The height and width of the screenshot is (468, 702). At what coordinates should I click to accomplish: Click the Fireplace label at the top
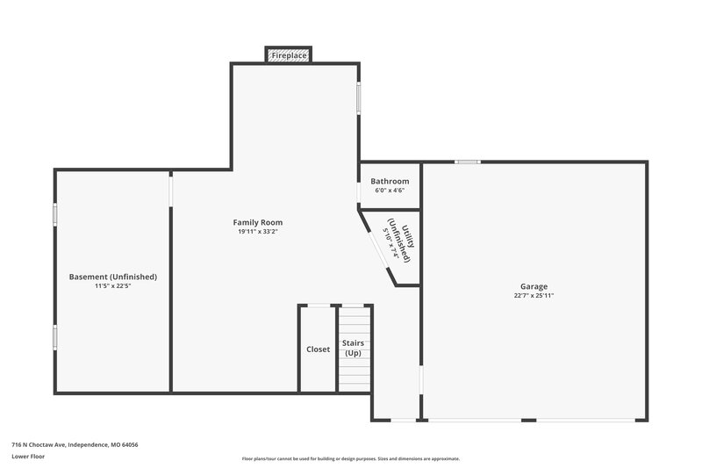pos(289,55)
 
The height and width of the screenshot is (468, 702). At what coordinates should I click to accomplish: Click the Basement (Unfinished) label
pos(112,277)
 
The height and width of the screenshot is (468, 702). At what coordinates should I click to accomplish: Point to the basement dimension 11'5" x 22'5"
pos(112,286)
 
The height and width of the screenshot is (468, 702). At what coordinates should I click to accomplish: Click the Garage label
pos(534,286)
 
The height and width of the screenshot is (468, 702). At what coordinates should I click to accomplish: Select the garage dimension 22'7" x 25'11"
pos(534,296)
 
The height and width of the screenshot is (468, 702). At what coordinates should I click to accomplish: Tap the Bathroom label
pos(390,181)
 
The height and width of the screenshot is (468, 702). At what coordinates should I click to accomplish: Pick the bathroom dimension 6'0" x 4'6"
pos(390,191)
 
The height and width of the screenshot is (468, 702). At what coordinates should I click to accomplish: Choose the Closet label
pos(319,349)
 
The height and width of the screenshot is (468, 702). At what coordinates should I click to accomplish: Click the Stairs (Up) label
pos(353,348)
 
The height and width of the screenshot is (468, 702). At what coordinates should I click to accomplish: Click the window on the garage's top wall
pos(467,162)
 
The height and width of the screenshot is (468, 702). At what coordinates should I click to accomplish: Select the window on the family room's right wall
pos(358,97)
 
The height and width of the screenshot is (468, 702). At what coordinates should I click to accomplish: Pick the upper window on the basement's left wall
pos(55,213)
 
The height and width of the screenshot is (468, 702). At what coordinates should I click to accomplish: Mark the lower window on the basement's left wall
pos(55,337)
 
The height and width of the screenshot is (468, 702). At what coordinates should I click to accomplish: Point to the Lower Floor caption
pos(28,457)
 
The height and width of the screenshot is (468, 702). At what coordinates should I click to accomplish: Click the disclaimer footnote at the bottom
pos(351,458)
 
